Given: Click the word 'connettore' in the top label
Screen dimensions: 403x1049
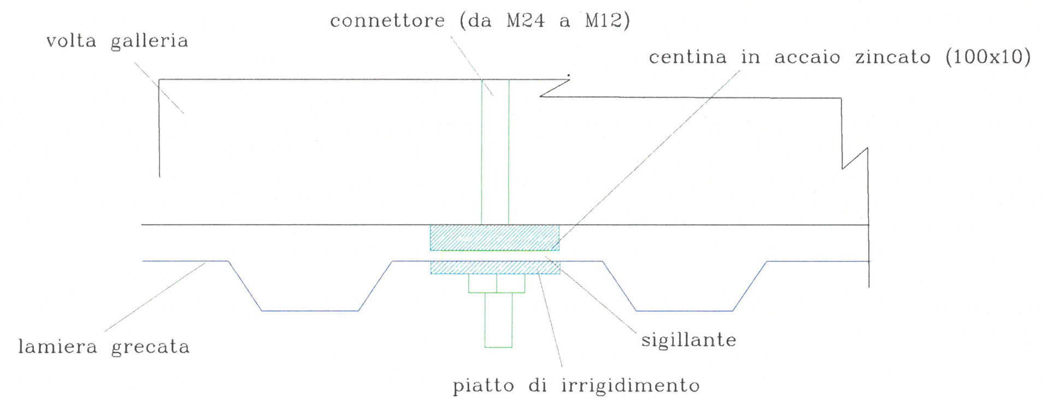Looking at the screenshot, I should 387,21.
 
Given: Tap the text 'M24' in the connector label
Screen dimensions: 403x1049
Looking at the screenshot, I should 526,21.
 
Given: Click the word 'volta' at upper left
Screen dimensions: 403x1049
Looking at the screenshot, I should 71,41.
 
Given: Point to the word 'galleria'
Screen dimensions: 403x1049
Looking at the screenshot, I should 149,42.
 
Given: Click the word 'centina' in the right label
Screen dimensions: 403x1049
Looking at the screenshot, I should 687,57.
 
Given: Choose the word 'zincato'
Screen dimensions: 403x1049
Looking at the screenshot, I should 893,57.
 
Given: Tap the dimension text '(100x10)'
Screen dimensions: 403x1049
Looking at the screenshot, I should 988,57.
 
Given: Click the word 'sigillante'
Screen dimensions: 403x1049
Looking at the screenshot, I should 688,340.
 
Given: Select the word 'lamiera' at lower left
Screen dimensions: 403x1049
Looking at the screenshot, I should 57,347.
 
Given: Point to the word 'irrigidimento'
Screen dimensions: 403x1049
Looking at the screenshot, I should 630,386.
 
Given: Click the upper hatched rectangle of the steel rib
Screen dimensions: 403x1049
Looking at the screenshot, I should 494,238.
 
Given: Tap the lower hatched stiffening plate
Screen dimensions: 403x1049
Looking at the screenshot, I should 495,267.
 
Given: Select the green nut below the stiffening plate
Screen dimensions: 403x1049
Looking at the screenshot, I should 496,283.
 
